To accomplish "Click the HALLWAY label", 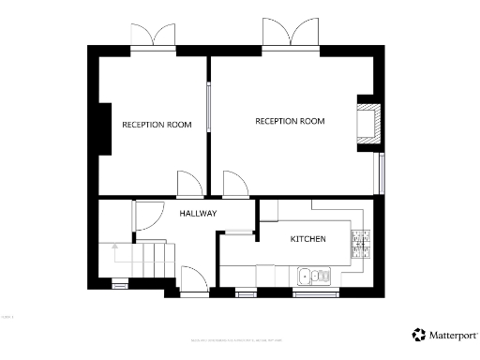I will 198,214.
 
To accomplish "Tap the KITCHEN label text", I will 307,239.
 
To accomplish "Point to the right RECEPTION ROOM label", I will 290,121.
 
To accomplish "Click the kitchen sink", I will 314,276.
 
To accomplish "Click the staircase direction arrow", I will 114,250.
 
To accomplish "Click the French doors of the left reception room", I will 152,37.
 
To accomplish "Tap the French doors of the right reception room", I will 290,33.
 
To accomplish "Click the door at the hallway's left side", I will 148,217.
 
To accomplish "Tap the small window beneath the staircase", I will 120,282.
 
